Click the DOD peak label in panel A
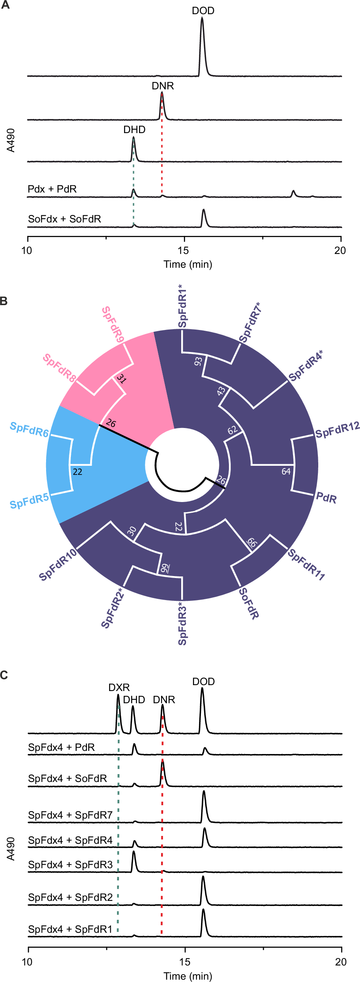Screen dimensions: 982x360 click(203, 11)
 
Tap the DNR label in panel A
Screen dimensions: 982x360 click(163, 86)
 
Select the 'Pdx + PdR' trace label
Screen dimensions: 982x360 click(52, 189)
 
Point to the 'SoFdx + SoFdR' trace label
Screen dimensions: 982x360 click(65, 219)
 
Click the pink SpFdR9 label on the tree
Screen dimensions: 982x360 click(113, 324)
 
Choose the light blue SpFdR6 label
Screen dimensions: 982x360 click(29, 430)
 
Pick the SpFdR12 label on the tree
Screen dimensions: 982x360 click(338, 430)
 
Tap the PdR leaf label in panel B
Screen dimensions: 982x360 click(327, 498)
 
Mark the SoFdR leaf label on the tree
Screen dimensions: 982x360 click(249, 603)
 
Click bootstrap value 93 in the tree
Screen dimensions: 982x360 click(198, 361)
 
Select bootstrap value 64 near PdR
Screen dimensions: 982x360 click(286, 471)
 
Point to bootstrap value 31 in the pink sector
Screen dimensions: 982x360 click(121, 379)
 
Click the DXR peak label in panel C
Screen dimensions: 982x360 click(119, 687)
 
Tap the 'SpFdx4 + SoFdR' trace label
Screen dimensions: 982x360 click(67, 778)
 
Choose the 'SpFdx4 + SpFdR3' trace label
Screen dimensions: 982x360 click(70, 865)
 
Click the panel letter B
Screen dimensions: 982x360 click(4, 301)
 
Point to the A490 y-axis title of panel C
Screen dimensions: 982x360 click(11, 849)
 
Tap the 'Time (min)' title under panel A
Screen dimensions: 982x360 click(188, 264)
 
